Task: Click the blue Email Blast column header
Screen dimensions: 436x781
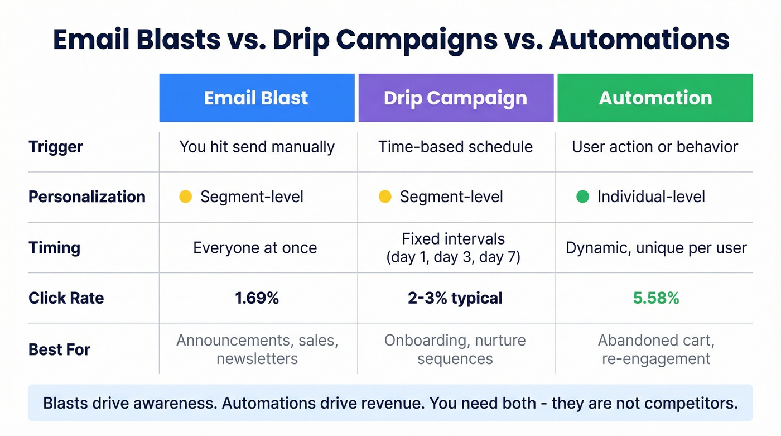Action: pyautogui.click(x=257, y=98)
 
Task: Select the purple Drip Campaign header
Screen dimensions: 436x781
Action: pyautogui.click(x=455, y=98)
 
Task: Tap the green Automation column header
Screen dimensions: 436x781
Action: pyautogui.click(x=655, y=98)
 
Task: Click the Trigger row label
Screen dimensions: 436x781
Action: pyautogui.click(x=56, y=147)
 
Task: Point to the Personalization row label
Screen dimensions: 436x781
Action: pyautogui.click(x=86, y=197)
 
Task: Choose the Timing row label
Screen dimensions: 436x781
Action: pyautogui.click(x=54, y=247)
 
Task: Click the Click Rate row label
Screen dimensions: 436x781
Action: pyautogui.click(x=66, y=298)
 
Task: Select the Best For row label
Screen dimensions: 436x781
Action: pyautogui.click(x=59, y=349)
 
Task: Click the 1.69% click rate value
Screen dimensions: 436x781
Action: pyautogui.click(x=257, y=298)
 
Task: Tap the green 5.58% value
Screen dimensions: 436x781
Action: pyautogui.click(x=655, y=298)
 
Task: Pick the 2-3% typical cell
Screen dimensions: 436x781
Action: pyautogui.click(x=455, y=298)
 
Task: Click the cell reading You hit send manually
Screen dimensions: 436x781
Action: pyautogui.click(x=257, y=147)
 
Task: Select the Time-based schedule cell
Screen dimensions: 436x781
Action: pyautogui.click(x=455, y=147)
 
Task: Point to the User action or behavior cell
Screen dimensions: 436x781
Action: pyautogui.click(x=655, y=147)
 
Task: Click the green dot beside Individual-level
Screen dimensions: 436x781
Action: pyautogui.click(x=582, y=197)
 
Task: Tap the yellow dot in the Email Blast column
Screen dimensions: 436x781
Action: pyautogui.click(x=185, y=197)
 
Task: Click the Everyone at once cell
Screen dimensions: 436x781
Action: pyautogui.click(x=255, y=247)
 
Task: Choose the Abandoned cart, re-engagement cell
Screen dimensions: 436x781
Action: pyautogui.click(x=655, y=349)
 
